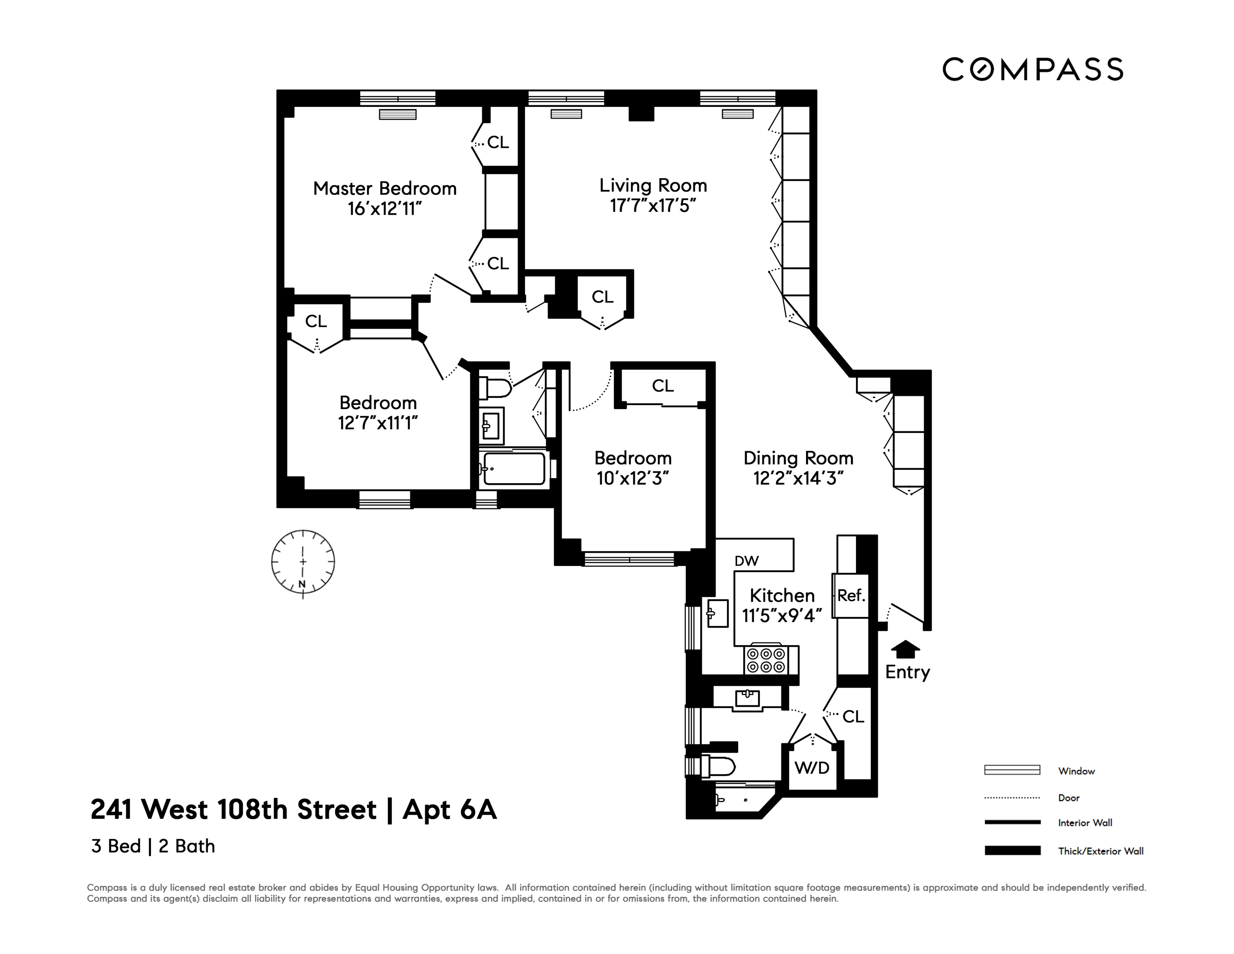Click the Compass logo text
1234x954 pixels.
pyautogui.click(x=1032, y=70)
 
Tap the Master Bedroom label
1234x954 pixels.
pyautogui.click(x=385, y=188)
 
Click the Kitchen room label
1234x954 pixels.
pyautogui.click(x=782, y=595)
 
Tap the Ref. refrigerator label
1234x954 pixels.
pyautogui.click(x=851, y=595)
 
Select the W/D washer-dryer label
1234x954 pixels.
pyautogui.click(x=812, y=768)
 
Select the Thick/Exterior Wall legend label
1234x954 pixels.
pyautogui.click(x=1101, y=851)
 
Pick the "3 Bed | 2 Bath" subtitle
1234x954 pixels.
pyautogui.click(x=153, y=846)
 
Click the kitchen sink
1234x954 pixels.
pyautogui.click(x=717, y=613)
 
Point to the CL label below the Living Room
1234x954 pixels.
pyautogui.click(x=602, y=297)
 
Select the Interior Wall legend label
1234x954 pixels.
pyautogui.click(x=1085, y=823)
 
